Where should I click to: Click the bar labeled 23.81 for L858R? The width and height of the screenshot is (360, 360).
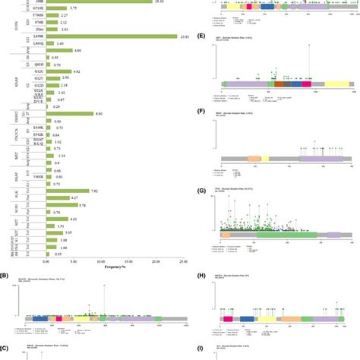(111, 36)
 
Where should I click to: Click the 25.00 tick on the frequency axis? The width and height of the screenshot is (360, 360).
(183, 261)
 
